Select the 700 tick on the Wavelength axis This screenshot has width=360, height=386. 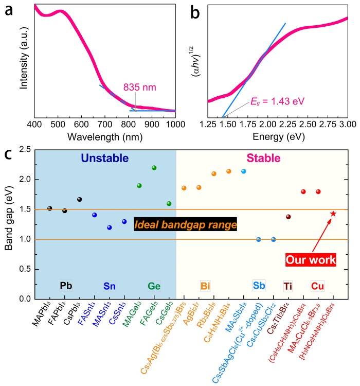(105, 124)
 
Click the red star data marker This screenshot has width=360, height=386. (333, 214)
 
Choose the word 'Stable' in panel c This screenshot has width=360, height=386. (260, 159)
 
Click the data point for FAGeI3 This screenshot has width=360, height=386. (154, 168)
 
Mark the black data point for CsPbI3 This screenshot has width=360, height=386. (79, 199)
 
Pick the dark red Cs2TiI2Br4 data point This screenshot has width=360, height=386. (289, 217)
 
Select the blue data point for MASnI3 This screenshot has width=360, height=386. (109, 227)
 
